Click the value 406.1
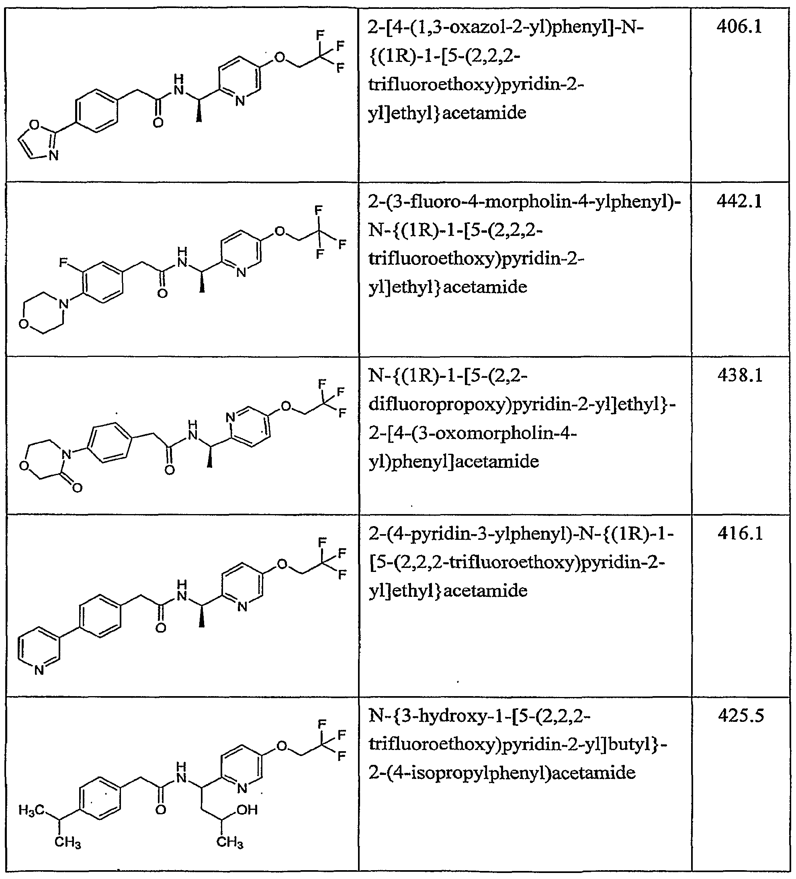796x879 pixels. tap(739, 27)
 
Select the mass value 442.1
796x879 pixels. tap(739, 201)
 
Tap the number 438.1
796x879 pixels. tap(740, 375)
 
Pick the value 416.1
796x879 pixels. tap(740, 533)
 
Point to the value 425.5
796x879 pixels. tap(741, 716)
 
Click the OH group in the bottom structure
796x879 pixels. tap(247, 810)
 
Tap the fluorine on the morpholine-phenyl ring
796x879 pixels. tap(63, 262)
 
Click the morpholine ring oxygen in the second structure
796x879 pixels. tap(24, 324)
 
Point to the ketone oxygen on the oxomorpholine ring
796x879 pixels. tap(77, 488)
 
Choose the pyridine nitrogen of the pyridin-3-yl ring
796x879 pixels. tap(39, 670)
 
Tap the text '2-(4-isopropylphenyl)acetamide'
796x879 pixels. tap(502, 772)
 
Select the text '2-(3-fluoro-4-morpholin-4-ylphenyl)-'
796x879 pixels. tap(524, 202)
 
